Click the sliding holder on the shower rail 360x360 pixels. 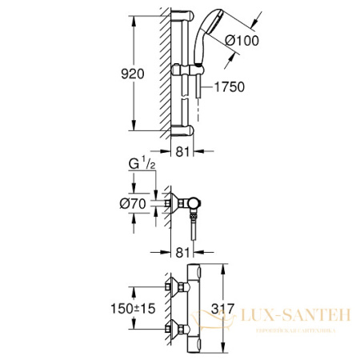185,73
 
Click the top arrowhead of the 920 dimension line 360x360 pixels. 131,14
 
